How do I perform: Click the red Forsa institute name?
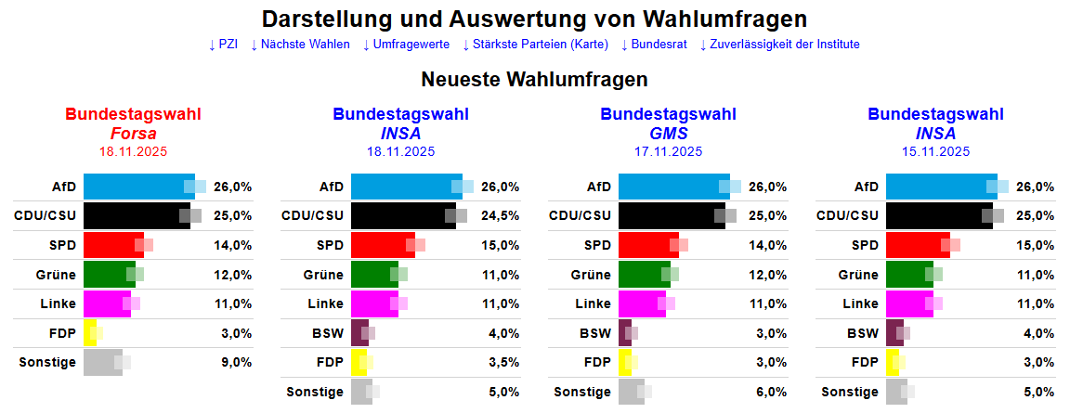click(x=133, y=134)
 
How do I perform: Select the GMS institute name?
click(x=668, y=134)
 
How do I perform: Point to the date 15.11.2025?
click(x=935, y=151)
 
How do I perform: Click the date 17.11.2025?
click(x=668, y=151)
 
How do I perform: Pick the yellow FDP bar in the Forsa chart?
click(x=89, y=333)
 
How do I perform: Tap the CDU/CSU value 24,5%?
click(x=500, y=216)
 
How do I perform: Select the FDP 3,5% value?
click(x=500, y=362)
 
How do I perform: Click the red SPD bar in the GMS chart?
click(x=647, y=245)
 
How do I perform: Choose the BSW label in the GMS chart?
click(x=594, y=333)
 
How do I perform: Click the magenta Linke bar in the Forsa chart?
click(x=106, y=303)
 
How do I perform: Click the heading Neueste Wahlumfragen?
click(x=534, y=80)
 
